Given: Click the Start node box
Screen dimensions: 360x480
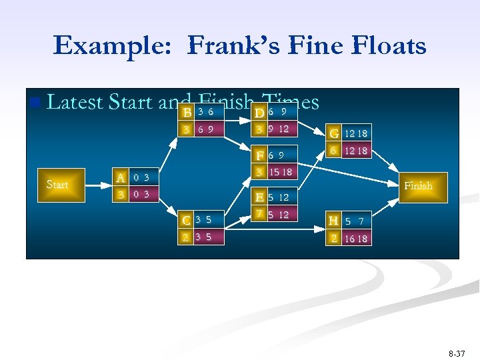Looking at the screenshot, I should [x=57, y=185].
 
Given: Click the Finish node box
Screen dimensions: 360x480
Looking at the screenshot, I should [x=418, y=185].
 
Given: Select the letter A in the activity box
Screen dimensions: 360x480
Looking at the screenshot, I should [x=121, y=177].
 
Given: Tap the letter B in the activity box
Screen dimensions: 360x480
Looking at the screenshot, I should [x=188, y=112].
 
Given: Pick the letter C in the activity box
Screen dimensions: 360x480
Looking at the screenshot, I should [x=188, y=219].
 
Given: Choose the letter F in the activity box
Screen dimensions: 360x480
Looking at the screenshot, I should [x=261, y=156].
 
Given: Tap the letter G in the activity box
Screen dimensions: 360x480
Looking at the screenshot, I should [x=334, y=133].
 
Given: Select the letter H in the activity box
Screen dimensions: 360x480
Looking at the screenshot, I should [x=334, y=220].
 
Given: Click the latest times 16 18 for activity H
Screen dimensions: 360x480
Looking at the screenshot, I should [x=356, y=238].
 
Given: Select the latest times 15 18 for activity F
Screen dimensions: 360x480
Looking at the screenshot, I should [x=280, y=173].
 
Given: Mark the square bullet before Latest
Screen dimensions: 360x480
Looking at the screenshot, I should [x=35, y=103].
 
